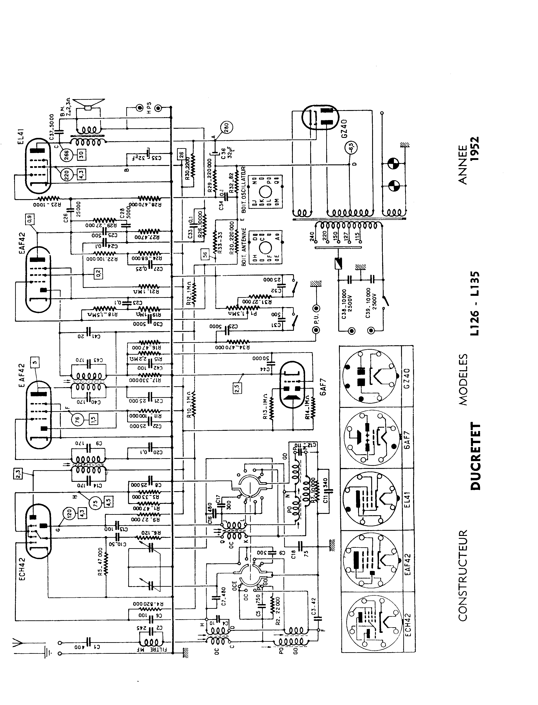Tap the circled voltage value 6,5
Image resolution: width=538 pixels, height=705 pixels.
tap(351, 147)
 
